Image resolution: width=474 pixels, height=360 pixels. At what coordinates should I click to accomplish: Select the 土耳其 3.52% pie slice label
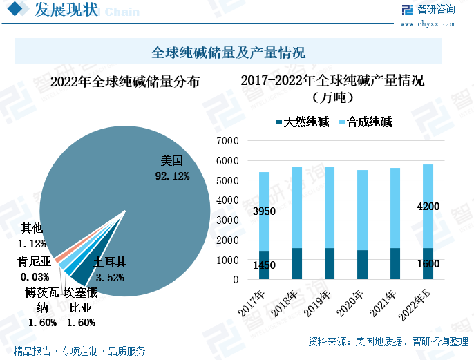(x=110, y=270)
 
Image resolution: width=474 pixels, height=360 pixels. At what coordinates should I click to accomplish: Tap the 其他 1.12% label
(x=32, y=236)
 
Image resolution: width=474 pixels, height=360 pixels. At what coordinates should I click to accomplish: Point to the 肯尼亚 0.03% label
(x=35, y=269)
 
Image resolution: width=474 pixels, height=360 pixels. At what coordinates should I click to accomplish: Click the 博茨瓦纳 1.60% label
(x=42, y=307)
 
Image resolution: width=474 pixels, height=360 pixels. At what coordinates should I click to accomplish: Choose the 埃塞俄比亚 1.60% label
(x=81, y=307)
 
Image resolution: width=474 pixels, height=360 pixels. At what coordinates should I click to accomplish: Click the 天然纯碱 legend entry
(x=303, y=122)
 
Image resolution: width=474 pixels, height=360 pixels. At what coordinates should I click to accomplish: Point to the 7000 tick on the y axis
(x=227, y=141)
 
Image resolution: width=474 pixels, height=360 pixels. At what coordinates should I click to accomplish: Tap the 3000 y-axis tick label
(x=227, y=220)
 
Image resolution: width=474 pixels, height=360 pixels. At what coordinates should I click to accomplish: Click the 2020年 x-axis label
(x=353, y=305)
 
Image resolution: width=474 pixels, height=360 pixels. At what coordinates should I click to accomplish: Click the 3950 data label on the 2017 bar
(x=264, y=211)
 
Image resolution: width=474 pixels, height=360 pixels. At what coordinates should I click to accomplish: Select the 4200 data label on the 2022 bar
(x=427, y=206)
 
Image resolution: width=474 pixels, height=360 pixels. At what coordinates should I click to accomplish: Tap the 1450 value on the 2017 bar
(x=264, y=265)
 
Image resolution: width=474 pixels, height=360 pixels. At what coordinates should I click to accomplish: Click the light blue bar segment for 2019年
(x=330, y=207)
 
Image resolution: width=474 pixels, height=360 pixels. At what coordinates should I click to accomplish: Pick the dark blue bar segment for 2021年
(x=395, y=264)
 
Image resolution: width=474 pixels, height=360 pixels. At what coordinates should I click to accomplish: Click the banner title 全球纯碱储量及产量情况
(x=228, y=53)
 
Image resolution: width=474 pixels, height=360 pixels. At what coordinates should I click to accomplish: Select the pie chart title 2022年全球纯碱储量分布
(x=125, y=82)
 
